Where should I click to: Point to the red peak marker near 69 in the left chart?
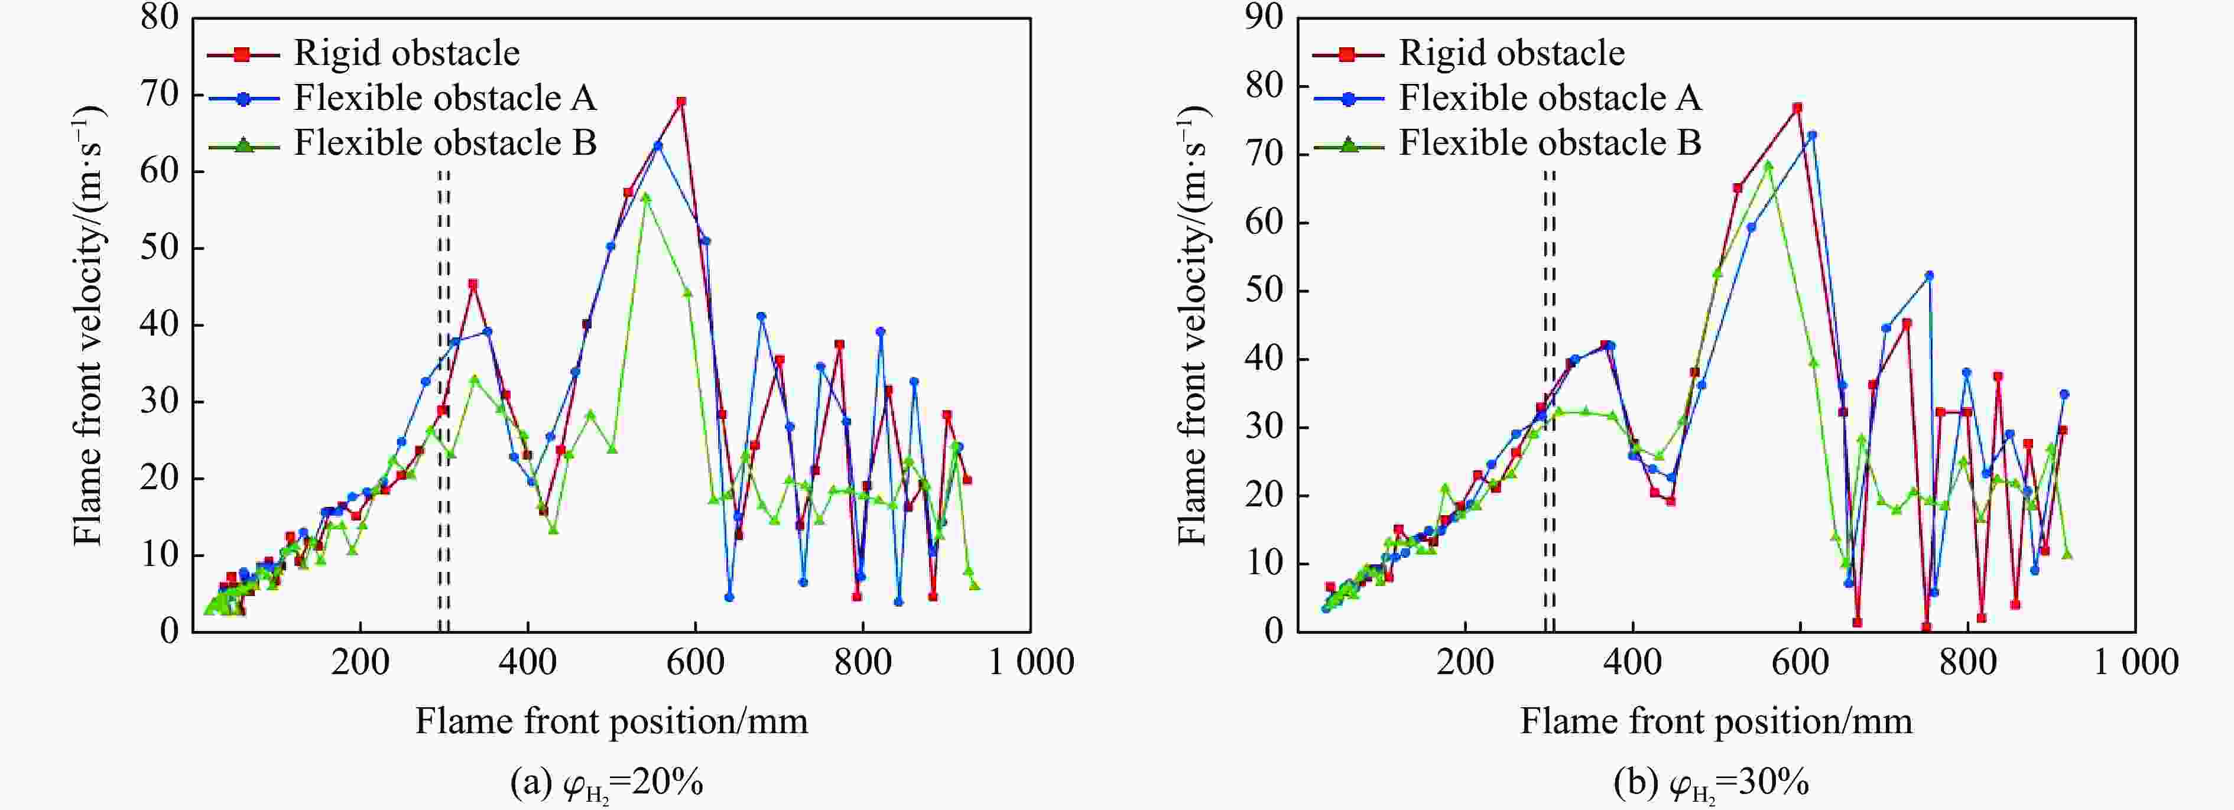click(681, 102)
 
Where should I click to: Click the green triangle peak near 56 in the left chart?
click(645, 197)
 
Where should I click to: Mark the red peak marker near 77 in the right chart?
click(1797, 108)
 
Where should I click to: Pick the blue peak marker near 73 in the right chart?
click(1811, 135)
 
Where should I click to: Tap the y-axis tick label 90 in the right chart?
click(1264, 17)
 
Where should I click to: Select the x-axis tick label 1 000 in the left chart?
click(1031, 662)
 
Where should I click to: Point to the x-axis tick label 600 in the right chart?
click(1800, 662)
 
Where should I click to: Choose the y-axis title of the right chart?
click(1194, 325)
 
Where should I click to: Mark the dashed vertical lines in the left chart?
click(443, 399)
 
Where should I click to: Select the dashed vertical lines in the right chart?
click(1549, 399)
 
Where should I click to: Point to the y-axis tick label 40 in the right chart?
click(1264, 359)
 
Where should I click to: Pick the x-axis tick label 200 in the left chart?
click(360, 662)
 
